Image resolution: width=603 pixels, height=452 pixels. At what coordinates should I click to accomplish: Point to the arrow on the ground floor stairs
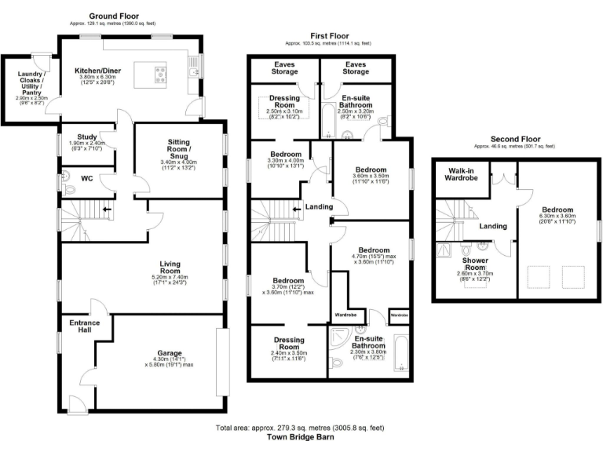(107, 210)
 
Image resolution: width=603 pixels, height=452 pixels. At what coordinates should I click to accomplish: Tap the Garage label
(161, 352)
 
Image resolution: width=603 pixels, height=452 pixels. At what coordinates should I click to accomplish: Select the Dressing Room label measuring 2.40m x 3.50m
(288, 341)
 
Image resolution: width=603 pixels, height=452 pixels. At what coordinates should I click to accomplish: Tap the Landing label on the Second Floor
(492, 227)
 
